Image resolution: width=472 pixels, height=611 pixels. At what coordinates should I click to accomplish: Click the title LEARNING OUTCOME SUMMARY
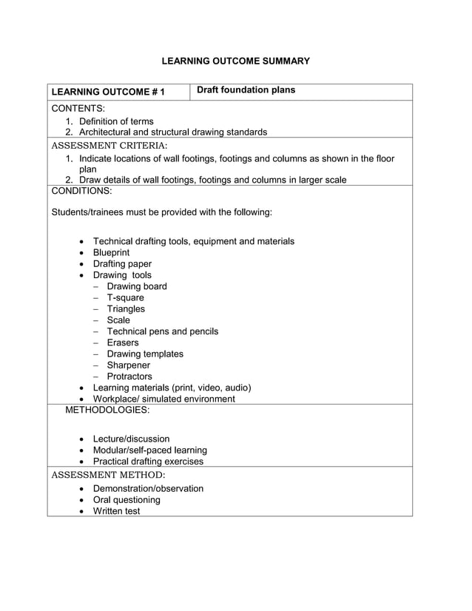pyautogui.click(x=235, y=61)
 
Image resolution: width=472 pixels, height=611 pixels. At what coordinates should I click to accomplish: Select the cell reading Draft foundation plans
pyautogui.click(x=246, y=90)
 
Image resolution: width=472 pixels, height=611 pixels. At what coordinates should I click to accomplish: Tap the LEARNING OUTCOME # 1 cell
pyautogui.click(x=108, y=92)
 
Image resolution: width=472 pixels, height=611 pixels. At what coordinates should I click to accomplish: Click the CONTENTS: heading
pyautogui.click(x=78, y=109)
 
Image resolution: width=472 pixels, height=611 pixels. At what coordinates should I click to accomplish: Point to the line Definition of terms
pyautogui.click(x=116, y=121)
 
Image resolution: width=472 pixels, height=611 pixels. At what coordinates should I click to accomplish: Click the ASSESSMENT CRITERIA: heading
pyautogui.click(x=109, y=145)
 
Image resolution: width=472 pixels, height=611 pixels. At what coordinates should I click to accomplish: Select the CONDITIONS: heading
pyautogui.click(x=81, y=191)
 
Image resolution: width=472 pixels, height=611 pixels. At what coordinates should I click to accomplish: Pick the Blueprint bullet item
pyautogui.click(x=111, y=252)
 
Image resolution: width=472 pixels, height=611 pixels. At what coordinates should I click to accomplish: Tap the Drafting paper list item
pyautogui.click(x=122, y=264)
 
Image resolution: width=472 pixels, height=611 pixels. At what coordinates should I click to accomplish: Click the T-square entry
pyautogui.click(x=125, y=297)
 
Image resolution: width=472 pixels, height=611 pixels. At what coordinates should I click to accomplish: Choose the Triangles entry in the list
pyautogui.click(x=126, y=309)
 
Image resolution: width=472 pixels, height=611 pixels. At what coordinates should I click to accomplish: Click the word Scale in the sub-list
pyautogui.click(x=118, y=320)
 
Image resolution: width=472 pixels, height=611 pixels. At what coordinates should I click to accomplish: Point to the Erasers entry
pyautogui.click(x=123, y=342)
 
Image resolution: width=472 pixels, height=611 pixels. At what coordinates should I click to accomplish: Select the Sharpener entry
pyautogui.click(x=128, y=365)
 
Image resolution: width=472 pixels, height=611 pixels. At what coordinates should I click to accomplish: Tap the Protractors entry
pyautogui.click(x=129, y=377)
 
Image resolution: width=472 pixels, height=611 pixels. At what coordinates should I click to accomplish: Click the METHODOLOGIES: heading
pyautogui.click(x=107, y=409)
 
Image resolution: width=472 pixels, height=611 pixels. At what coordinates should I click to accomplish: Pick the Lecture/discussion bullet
pyautogui.click(x=131, y=439)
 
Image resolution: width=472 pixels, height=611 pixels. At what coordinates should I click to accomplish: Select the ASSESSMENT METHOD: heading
pyautogui.click(x=108, y=475)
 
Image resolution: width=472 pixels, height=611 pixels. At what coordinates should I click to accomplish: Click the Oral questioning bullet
pyautogui.click(x=127, y=499)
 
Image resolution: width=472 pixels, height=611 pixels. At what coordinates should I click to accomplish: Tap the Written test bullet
pyautogui.click(x=116, y=510)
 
